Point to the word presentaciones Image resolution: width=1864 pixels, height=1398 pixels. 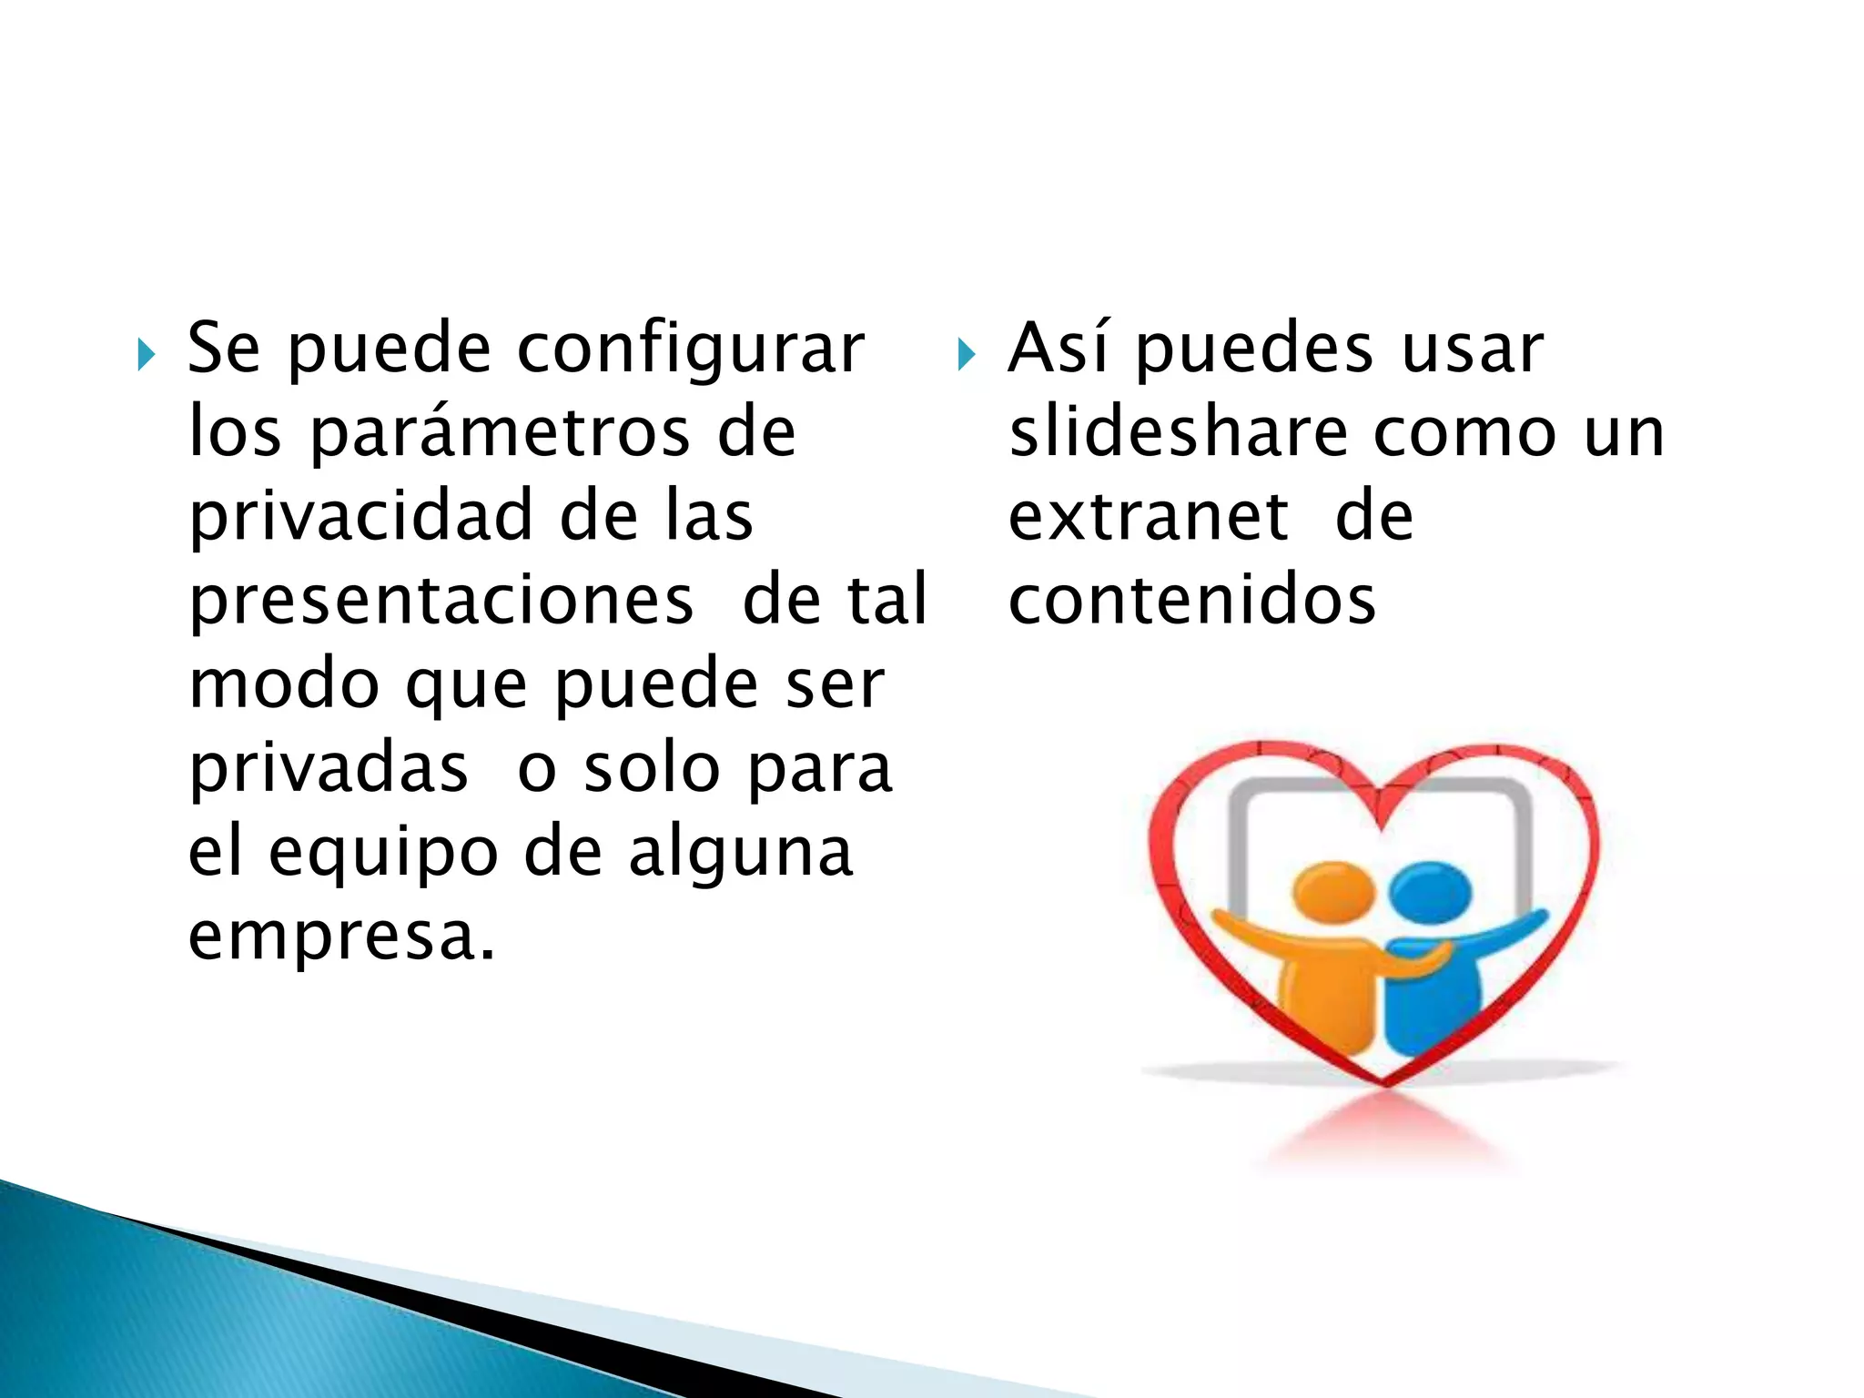441,601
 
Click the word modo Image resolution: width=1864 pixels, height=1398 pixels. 283,684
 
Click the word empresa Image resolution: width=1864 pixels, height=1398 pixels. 341,937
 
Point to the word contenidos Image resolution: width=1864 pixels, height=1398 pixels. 1192,601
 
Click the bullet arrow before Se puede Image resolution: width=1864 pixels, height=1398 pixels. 146,355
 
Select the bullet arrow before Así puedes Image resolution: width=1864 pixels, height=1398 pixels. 966,355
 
